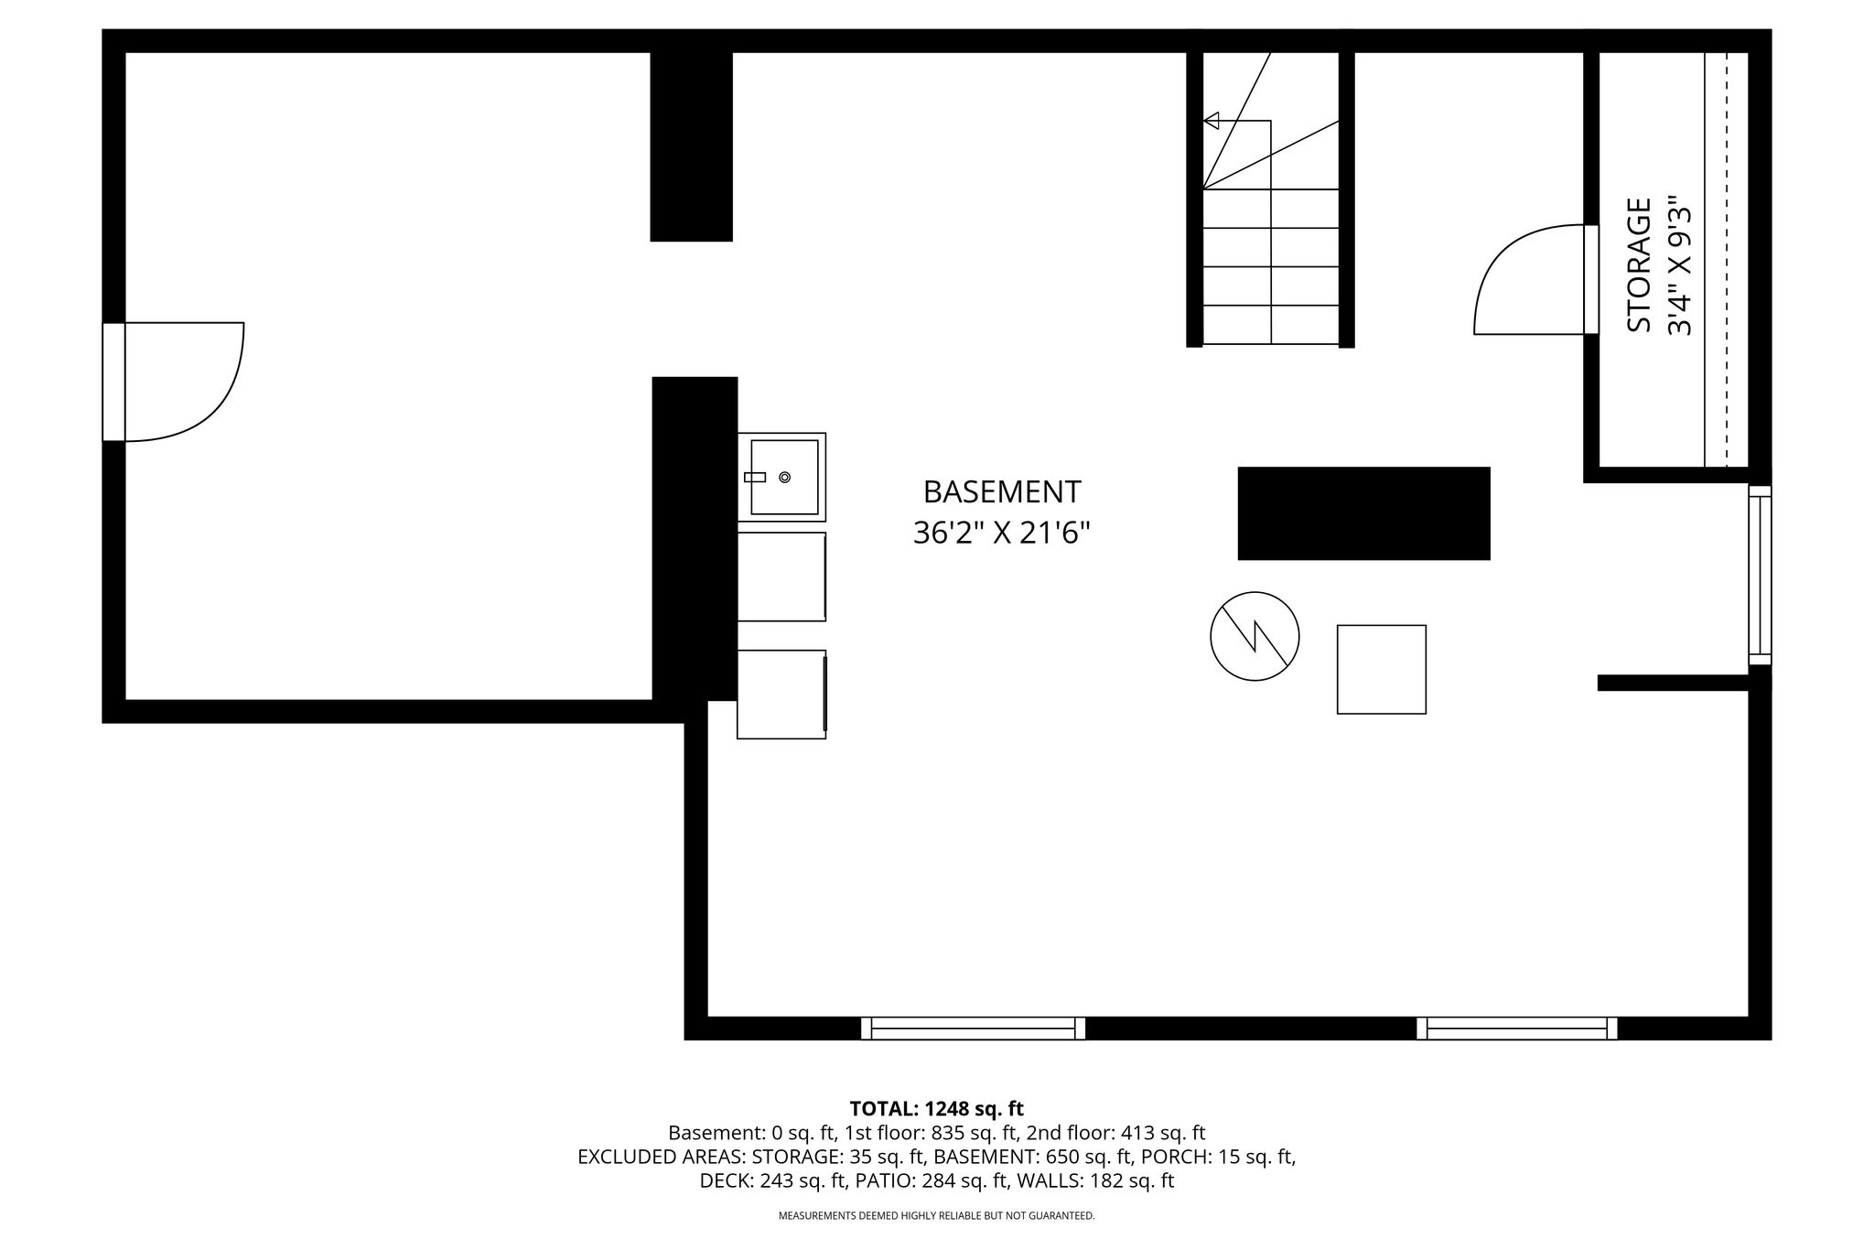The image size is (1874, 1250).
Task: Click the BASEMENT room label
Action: [1002, 492]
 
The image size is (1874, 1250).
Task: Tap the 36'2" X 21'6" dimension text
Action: [1002, 533]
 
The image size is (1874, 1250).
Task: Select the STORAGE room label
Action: [1639, 265]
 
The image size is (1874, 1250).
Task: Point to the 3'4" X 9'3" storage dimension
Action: [1680, 265]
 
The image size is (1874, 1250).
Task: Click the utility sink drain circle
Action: [784, 477]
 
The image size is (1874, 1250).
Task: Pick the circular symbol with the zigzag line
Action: [1255, 636]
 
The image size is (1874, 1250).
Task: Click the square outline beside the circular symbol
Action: [1382, 669]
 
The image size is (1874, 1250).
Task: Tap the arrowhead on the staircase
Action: [1212, 120]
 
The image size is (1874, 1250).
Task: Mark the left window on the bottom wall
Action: [973, 1028]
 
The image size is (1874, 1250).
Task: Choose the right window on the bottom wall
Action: [1517, 1028]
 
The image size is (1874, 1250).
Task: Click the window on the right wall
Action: [1760, 575]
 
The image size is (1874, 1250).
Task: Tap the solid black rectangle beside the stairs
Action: [1363, 512]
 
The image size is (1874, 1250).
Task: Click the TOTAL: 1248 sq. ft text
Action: [936, 1109]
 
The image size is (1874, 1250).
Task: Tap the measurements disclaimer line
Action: [936, 1216]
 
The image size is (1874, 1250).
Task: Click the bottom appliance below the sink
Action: [781, 695]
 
